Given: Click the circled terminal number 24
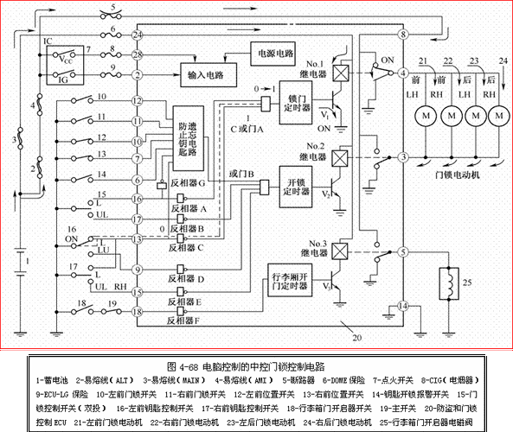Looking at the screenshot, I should [138, 34].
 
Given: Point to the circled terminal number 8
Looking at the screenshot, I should [403, 34].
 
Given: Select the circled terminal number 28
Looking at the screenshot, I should [138, 54].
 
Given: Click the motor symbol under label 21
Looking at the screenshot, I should [425, 114].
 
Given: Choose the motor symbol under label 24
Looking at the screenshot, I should [498, 114].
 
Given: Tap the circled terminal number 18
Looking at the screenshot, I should [138, 311].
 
